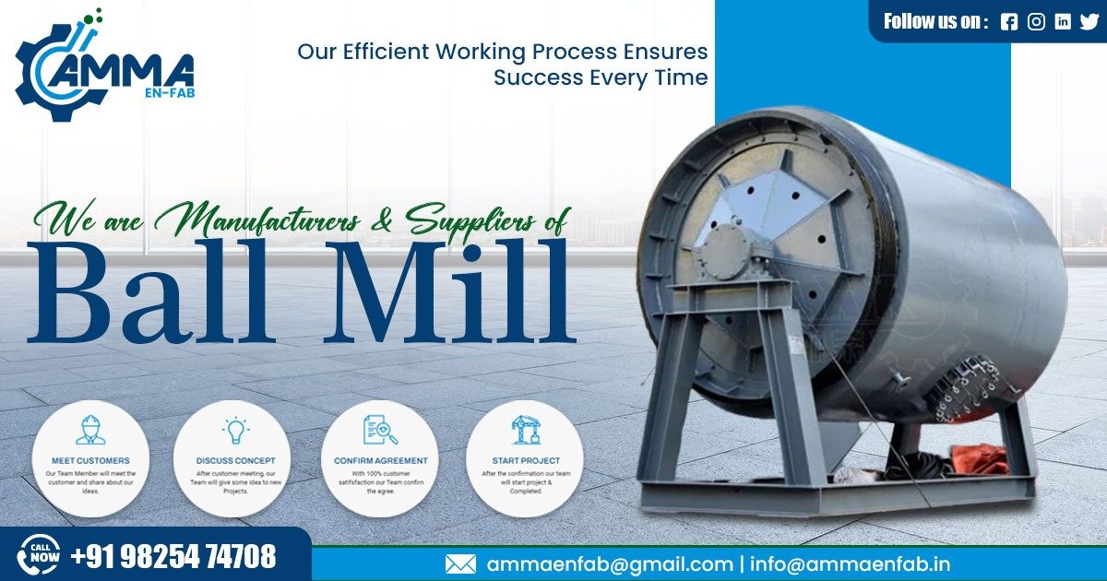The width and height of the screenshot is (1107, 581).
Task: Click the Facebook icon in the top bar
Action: click(x=1008, y=22)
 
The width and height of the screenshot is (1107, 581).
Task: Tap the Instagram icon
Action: click(x=1036, y=22)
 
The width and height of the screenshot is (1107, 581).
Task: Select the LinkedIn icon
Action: click(x=1063, y=22)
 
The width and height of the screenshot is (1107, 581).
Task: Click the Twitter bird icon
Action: click(x=1089, y=22)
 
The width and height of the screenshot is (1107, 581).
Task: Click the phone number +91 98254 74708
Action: click(x=173, y=557)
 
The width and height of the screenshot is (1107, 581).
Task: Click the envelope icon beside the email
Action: click(x=460, y=564)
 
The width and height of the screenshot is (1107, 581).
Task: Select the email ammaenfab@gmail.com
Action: click(x=610, y=564)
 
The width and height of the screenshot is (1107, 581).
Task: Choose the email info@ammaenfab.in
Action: click(x=850, y=564)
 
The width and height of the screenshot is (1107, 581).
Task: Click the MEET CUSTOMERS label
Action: click(x=90, y=460)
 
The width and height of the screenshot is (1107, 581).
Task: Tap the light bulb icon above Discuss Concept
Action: click(x=235, y=431)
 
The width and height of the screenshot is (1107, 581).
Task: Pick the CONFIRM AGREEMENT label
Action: click(x=380, y=460)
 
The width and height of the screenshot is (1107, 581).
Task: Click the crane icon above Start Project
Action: click(x=526, y=430)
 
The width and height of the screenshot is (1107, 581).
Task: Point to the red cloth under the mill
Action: click(x=979, y=457)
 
